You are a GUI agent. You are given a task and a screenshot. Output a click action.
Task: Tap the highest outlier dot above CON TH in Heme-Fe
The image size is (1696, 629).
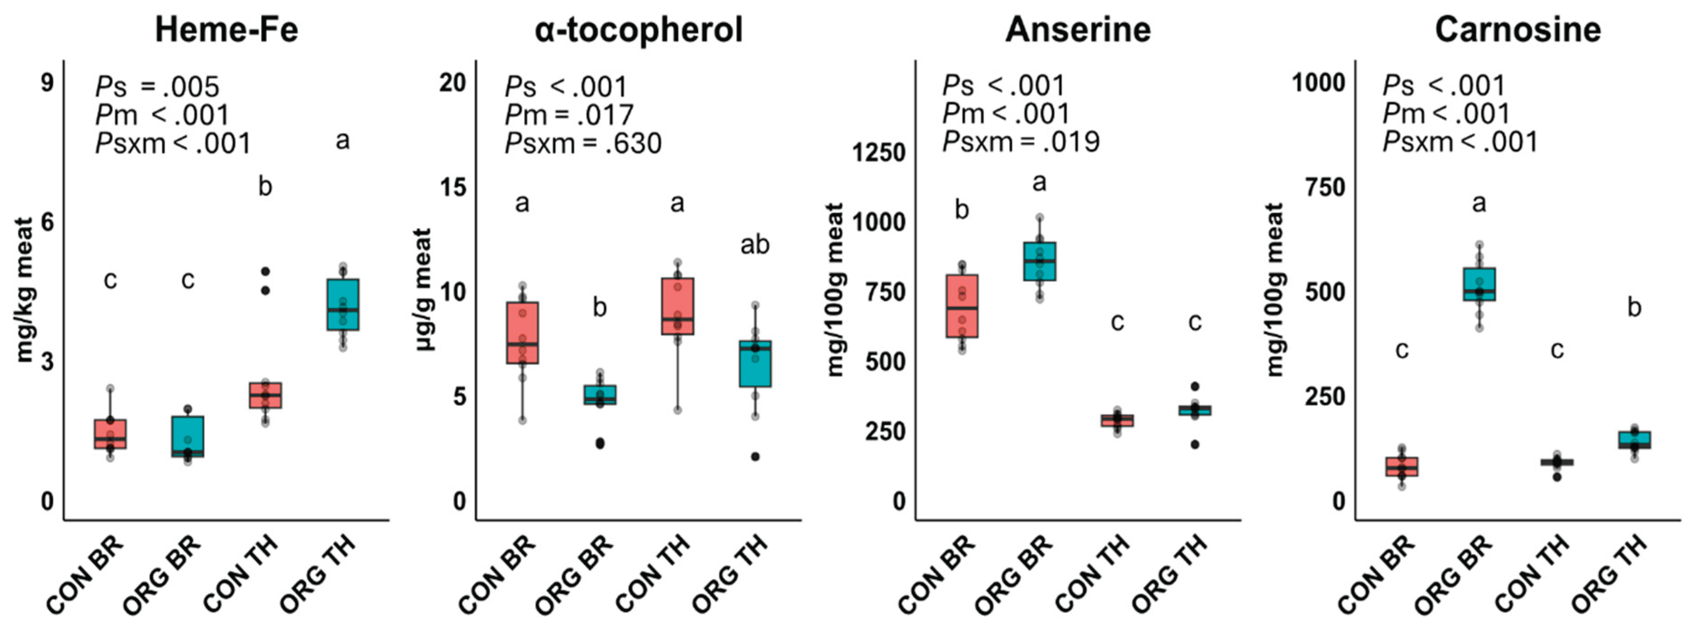(x=265, y=271)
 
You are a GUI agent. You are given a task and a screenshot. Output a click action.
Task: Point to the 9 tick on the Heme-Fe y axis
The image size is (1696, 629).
(x=47, y=84)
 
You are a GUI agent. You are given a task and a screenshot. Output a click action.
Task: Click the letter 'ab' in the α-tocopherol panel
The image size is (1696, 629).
(x=754, y=245)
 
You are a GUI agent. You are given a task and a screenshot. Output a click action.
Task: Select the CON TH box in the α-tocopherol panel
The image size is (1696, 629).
(x=677, y=307)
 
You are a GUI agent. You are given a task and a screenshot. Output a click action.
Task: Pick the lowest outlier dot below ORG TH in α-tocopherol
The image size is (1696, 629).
(x=755, y=457)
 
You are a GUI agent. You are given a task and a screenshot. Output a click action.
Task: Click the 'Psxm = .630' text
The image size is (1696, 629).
(x=583, y=143)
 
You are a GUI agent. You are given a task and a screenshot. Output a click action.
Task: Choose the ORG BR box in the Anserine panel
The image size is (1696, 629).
(x=1039, y=261)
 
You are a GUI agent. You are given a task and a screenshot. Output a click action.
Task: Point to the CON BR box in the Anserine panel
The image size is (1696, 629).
(x=962, y=306)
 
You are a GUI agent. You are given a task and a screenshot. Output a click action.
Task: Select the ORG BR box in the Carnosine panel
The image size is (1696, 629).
(x=1479, y=284)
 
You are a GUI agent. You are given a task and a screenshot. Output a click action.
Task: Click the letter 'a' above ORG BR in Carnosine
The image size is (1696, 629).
(x=1479, y=204)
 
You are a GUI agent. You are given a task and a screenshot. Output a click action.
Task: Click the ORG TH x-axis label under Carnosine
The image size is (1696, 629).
(x=1609, y=574)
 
